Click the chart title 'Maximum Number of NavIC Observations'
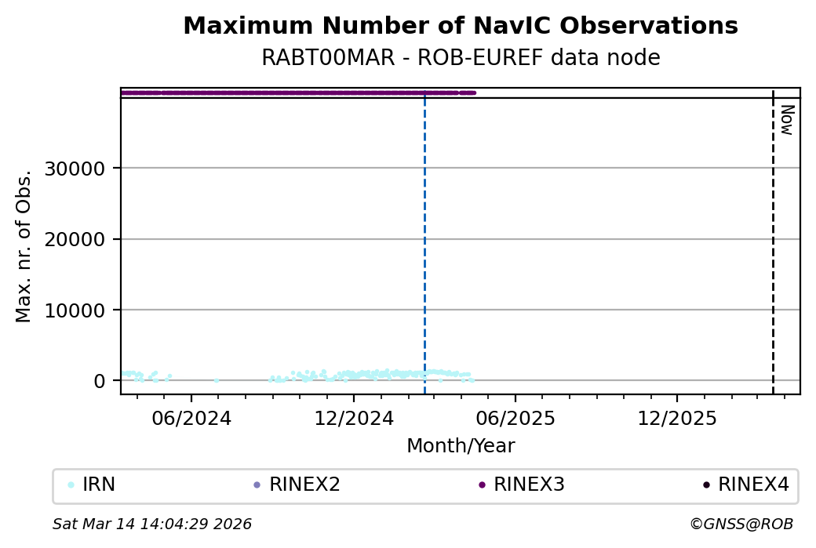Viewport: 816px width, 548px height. (x=461, y=26)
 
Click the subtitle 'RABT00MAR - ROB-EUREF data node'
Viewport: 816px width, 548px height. (x=461, y=58)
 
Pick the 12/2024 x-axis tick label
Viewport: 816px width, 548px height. (x=353, y=419)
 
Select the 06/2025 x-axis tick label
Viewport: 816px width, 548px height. (x=514, y=419)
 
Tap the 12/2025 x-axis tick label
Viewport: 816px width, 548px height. (x=677, y=419)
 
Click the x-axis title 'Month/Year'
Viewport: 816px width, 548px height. (x=461, y=446)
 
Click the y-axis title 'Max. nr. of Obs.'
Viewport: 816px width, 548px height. (x=24, y=245)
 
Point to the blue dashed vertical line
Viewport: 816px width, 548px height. (x=424, y=235)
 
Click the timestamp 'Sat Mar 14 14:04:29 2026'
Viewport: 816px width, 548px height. (x=152, y=524)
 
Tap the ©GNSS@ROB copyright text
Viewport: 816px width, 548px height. (x=741, y=524)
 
